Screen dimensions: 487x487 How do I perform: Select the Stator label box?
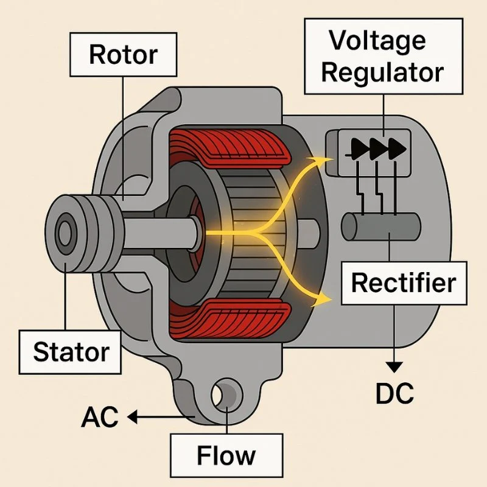(71, 351)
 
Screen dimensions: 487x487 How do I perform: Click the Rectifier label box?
(404, 283)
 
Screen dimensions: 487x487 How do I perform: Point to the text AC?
(101, 418)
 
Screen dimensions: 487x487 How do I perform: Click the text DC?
(394, 394)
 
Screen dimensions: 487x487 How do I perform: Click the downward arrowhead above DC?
(394, 366)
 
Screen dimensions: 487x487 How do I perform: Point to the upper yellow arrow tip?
(326, 159)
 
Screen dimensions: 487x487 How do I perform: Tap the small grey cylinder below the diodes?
(377, 226)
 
